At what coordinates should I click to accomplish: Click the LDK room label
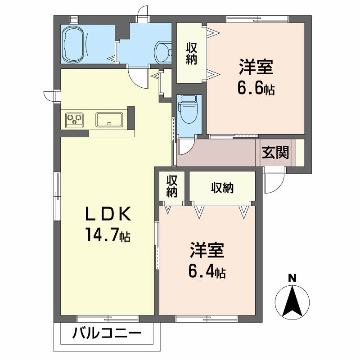108,214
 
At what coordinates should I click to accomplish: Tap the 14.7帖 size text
108,234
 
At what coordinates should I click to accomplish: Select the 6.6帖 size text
256,88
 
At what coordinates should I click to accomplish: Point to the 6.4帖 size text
207,271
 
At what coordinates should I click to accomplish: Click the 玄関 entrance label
275,152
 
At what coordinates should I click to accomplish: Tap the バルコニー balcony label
107,333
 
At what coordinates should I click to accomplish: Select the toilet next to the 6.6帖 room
189,109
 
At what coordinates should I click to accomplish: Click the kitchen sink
109,120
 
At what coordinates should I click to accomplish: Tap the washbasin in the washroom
163,52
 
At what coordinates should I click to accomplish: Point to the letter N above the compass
292,278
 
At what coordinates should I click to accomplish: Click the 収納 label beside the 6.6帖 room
191,54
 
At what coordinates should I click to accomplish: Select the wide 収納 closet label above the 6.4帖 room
222,188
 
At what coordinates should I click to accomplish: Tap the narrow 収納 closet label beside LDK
172,186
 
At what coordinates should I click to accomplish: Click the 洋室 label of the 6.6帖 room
256,67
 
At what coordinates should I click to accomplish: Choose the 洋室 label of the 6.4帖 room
207,250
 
